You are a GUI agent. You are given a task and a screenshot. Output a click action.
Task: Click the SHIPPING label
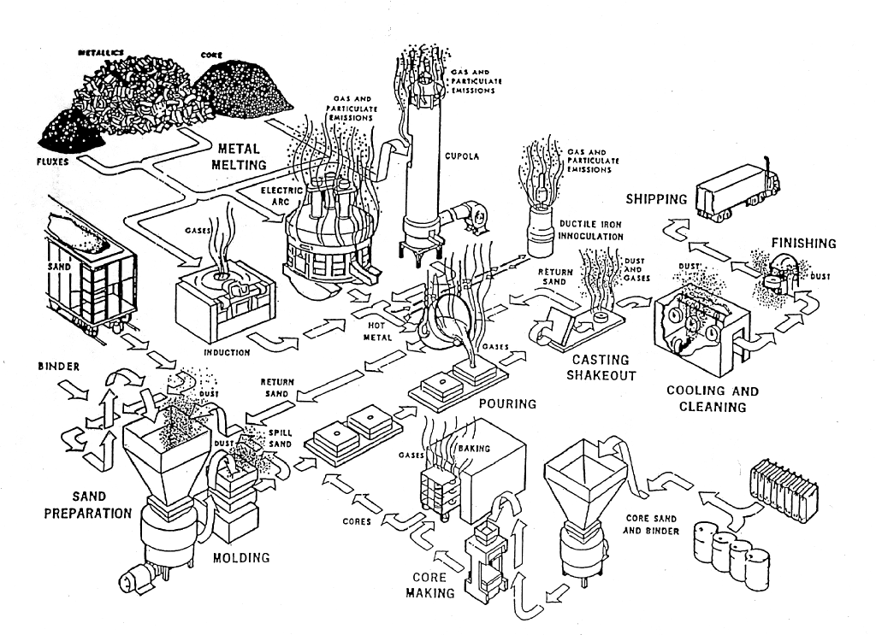coord(656,199)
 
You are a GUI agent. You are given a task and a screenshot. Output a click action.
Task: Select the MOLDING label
coord(240,558)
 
